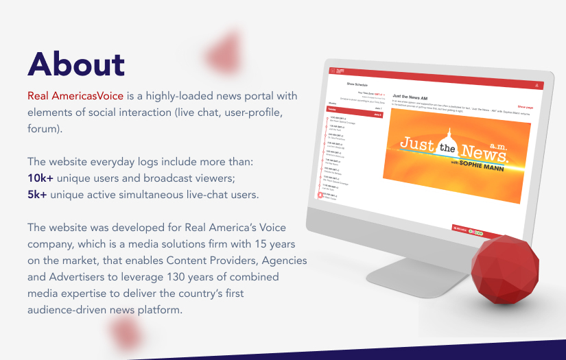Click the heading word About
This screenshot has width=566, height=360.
76,64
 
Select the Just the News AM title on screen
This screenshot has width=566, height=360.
411,97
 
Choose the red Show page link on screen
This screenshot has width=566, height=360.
526,107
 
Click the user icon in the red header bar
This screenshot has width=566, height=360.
536,84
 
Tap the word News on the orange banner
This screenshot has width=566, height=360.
483,148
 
